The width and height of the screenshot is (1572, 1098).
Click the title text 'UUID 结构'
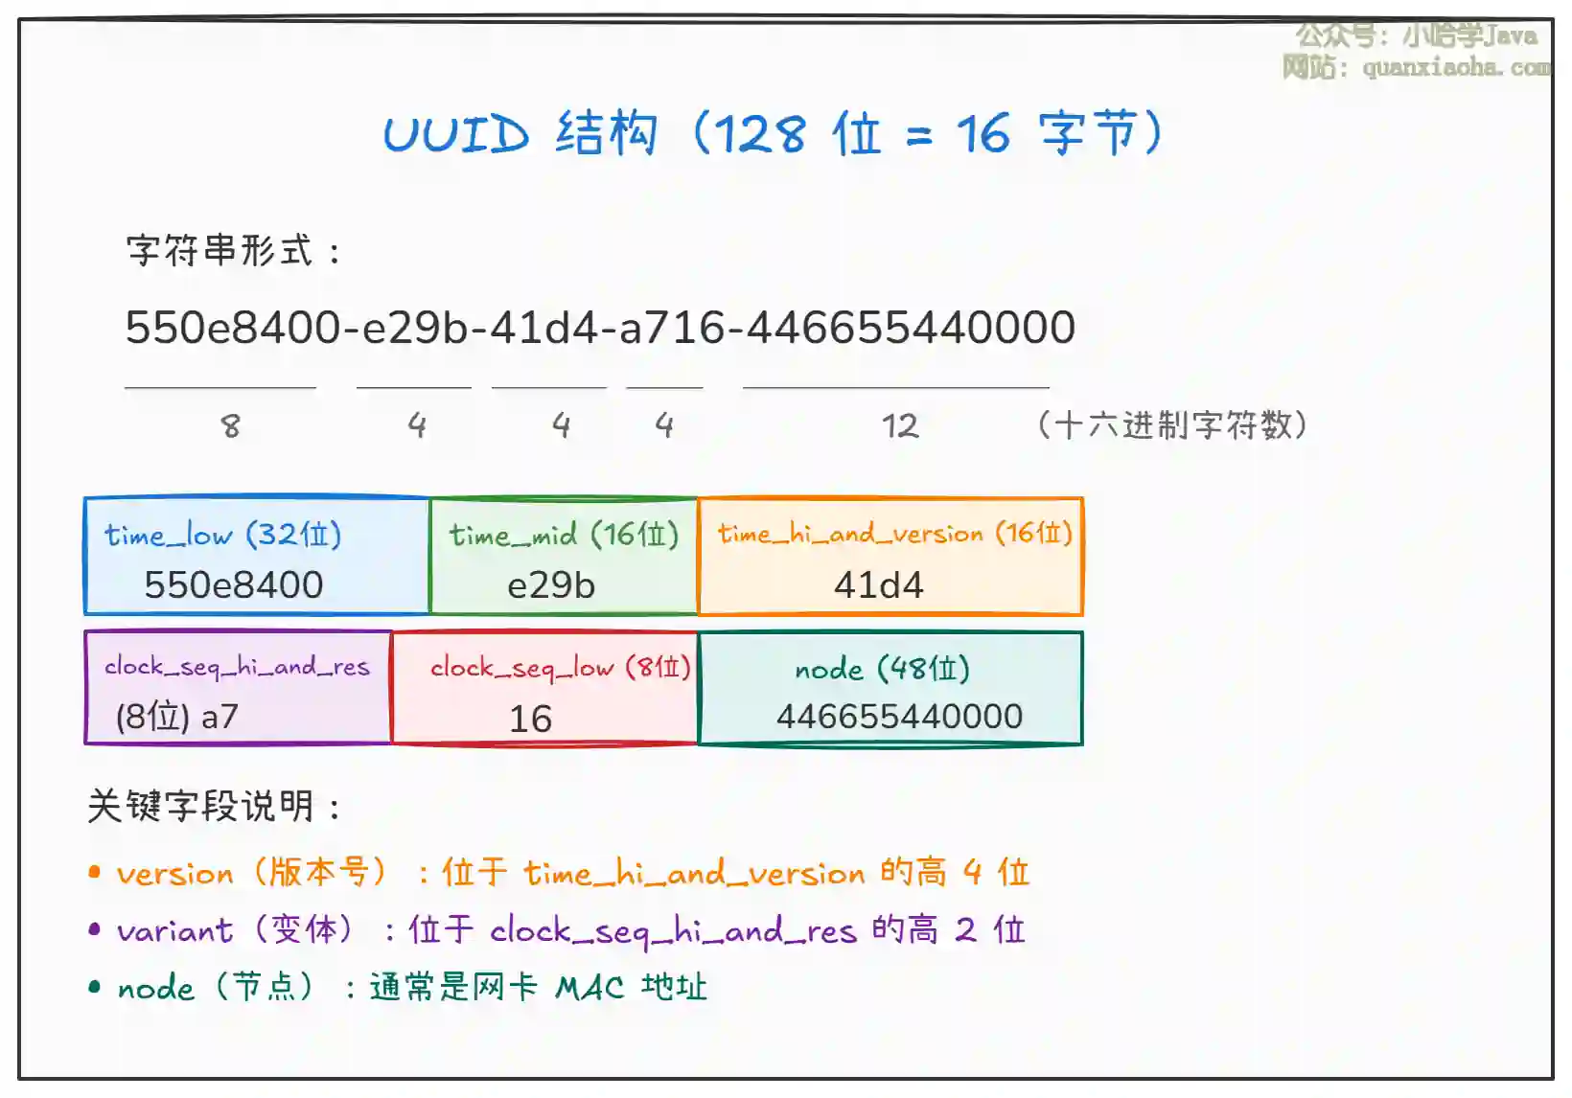pos(520,133)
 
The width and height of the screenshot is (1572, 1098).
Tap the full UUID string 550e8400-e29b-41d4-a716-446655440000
pos(600,327)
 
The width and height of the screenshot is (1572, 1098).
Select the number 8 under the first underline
pos(231,425)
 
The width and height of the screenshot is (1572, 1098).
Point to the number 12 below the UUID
pos(900,425)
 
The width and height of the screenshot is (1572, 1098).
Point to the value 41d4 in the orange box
pos(878,585)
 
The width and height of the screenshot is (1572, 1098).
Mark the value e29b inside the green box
pos(551,585)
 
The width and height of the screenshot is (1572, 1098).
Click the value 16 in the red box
pos(531,719)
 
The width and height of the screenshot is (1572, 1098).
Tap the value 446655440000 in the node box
pos(900,717)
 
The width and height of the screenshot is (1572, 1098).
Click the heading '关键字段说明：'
pos(214,806)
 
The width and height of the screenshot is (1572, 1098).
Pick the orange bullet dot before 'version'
pos(94,872)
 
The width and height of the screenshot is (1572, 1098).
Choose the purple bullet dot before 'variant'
pos(94,929)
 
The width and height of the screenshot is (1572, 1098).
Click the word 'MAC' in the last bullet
pos(589,988)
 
